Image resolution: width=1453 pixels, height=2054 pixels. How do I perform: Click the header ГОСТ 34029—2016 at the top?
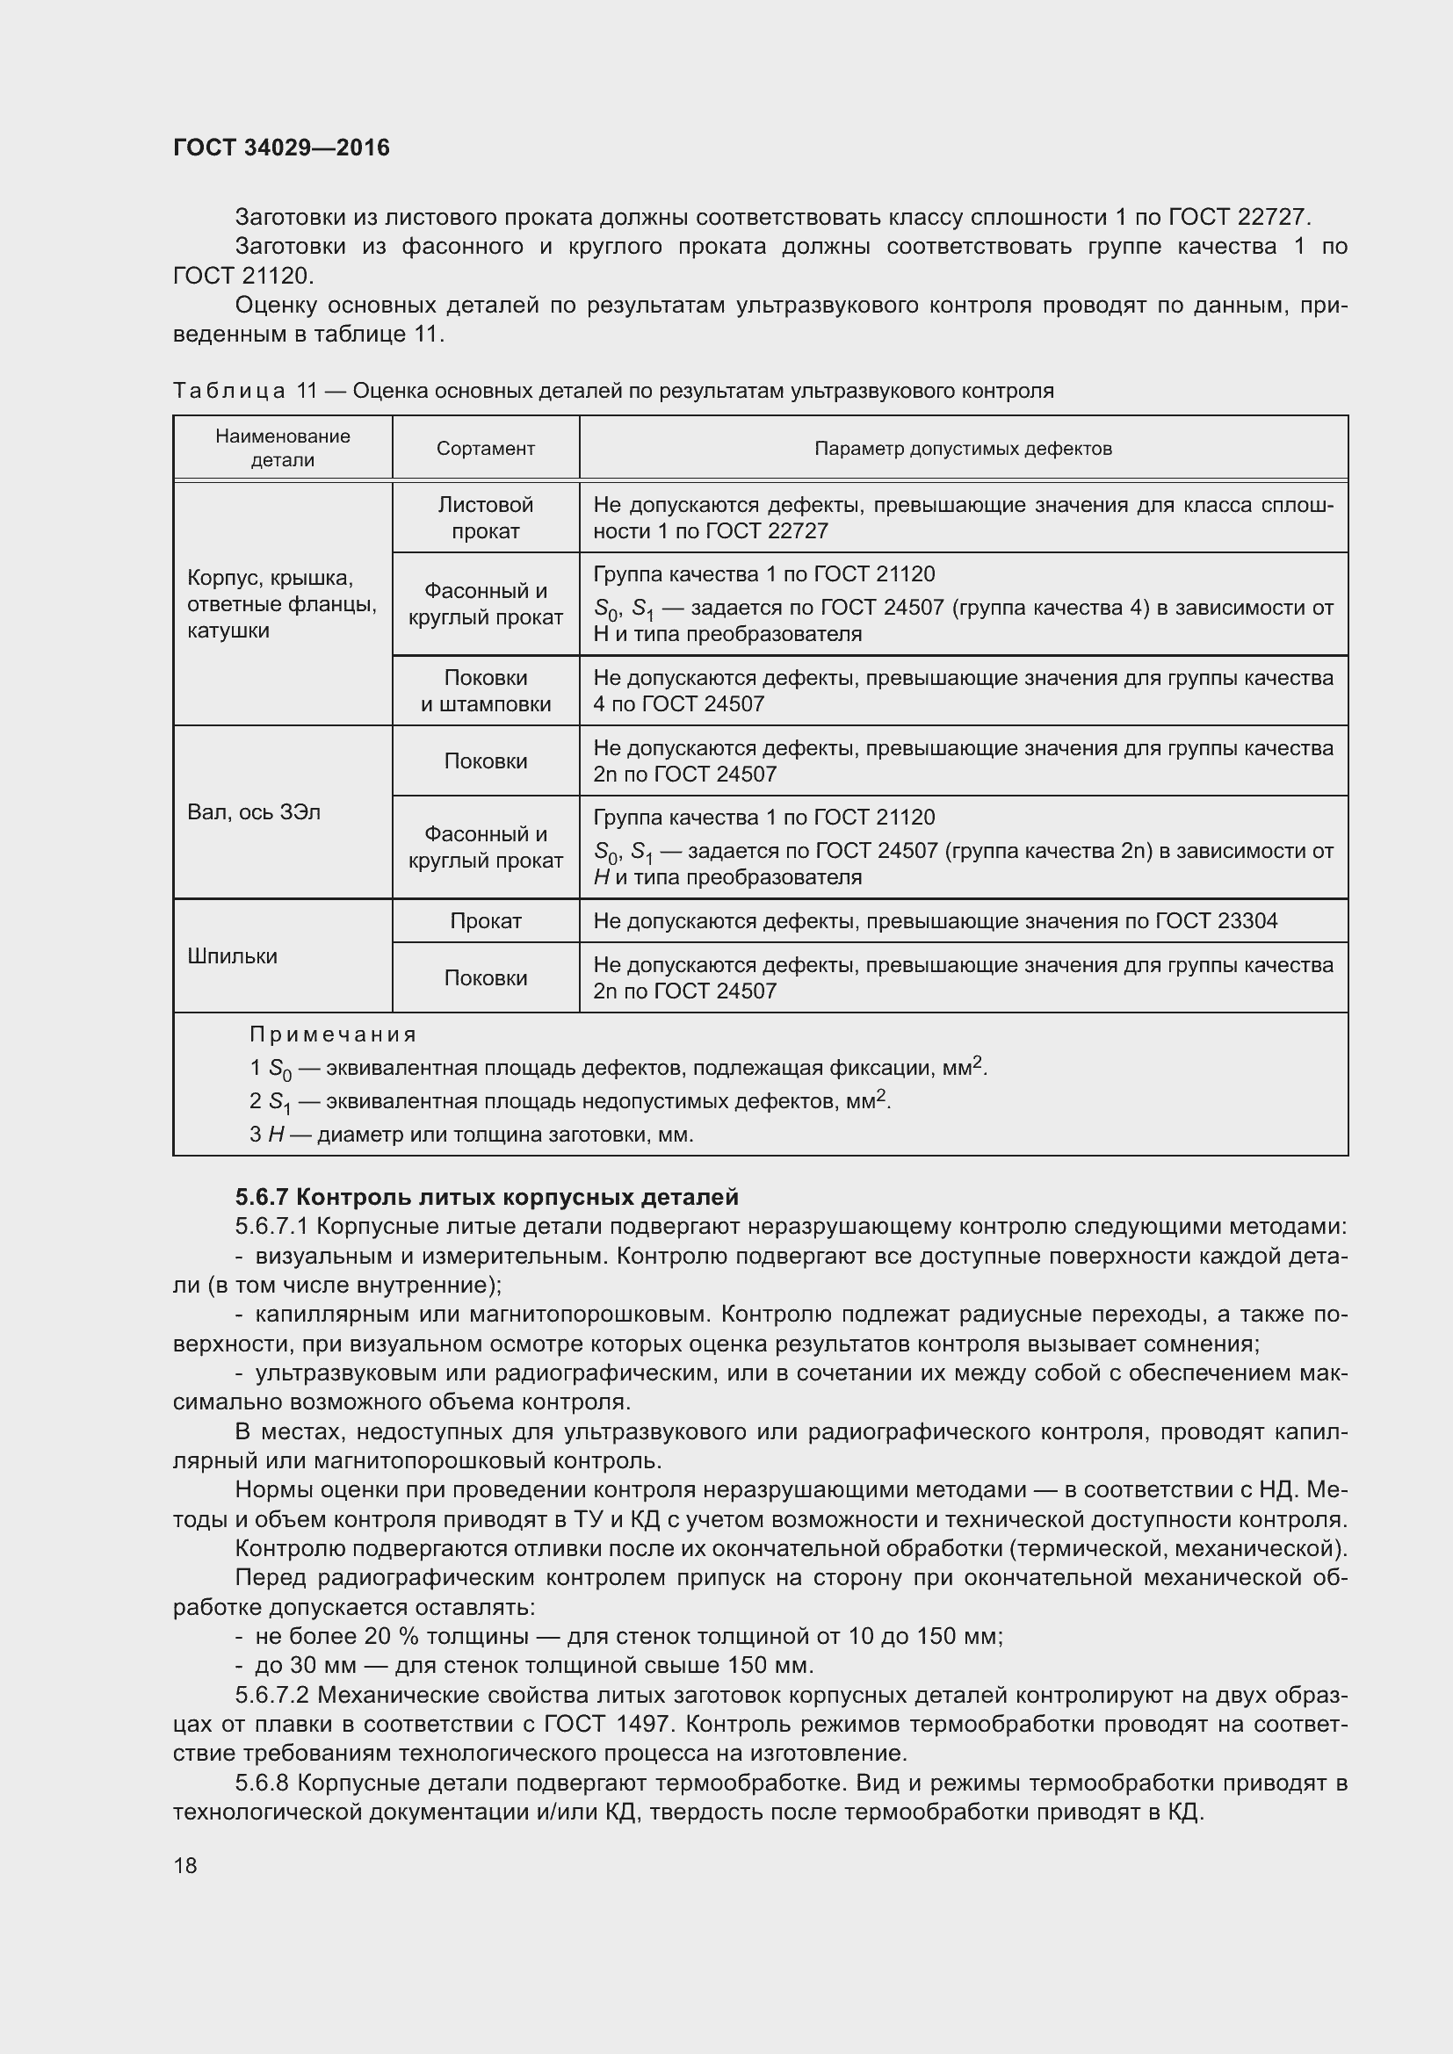click(x=281, y=148)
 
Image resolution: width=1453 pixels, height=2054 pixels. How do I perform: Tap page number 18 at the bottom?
click(x=185, y=1865)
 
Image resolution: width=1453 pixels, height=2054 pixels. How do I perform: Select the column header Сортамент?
click(x=485, y=449)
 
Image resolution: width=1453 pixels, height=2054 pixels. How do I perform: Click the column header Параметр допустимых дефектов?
click(x=963, y=449)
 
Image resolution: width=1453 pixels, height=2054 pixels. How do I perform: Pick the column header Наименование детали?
click(x=282, y=448)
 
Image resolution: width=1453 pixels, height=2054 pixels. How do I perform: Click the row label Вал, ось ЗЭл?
click(x=253, y=812)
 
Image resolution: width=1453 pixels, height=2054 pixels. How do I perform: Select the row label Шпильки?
click(x=232, y=956)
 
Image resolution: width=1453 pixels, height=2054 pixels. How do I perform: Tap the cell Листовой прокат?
click(x=485, y=518)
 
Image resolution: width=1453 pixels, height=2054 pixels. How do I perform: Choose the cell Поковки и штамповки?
click(x=485, y=691)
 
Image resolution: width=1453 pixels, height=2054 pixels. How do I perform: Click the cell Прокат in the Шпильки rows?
click(x=485, y=921)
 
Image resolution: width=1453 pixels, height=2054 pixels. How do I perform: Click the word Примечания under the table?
click(x=333, y=1035)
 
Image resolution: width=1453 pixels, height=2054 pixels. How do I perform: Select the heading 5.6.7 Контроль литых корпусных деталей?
click(x=487, y=1197)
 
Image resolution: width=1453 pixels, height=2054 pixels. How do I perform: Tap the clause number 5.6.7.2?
click(x=272, y=1695)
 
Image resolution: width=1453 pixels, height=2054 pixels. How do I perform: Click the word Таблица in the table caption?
click(x=229, y=391)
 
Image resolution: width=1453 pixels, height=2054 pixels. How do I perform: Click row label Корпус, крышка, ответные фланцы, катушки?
click(x=282, y=605)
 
